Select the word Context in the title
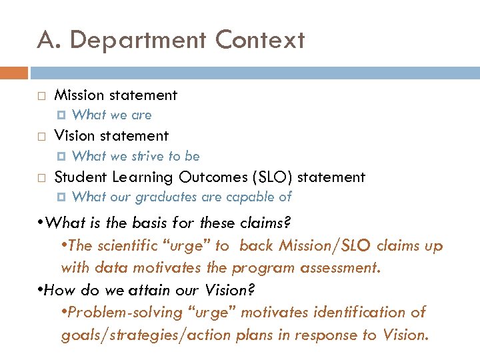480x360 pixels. pyautogui.click(x=260, y=40)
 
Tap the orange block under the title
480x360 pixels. pyautogui.click(x=14, y=73)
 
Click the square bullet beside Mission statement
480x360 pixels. pyautogui.click(x=41, y=96)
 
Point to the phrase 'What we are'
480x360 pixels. pyautogui.click(x=111, y=115)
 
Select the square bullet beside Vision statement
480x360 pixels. pyautogui.click(x=41, y=137)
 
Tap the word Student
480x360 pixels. pyautogui.click(x=81, y=177)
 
